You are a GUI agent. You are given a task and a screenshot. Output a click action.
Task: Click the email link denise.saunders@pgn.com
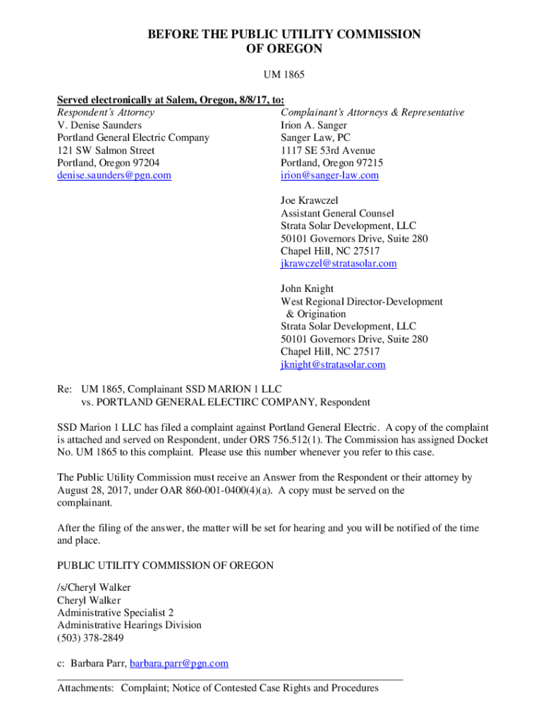pos(114,176)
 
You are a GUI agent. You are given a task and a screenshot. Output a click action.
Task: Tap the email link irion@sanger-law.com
pos(329,176)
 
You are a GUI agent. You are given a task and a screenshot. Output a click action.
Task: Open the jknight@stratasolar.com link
pos(333,365)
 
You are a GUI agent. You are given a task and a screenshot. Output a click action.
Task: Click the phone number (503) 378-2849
pos(90,638)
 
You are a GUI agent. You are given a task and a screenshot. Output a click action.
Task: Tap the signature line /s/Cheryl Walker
pos(93,587)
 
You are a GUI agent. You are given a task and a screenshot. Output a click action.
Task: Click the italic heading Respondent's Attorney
pos(105,112)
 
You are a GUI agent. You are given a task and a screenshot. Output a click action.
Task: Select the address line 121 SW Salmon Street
pos(106,150)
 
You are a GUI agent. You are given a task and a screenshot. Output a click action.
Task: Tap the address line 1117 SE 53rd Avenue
pos(327,150)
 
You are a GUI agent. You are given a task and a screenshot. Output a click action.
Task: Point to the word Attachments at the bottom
pos(85,688)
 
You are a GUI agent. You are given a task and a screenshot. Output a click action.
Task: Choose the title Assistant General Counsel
pos(337,213)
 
